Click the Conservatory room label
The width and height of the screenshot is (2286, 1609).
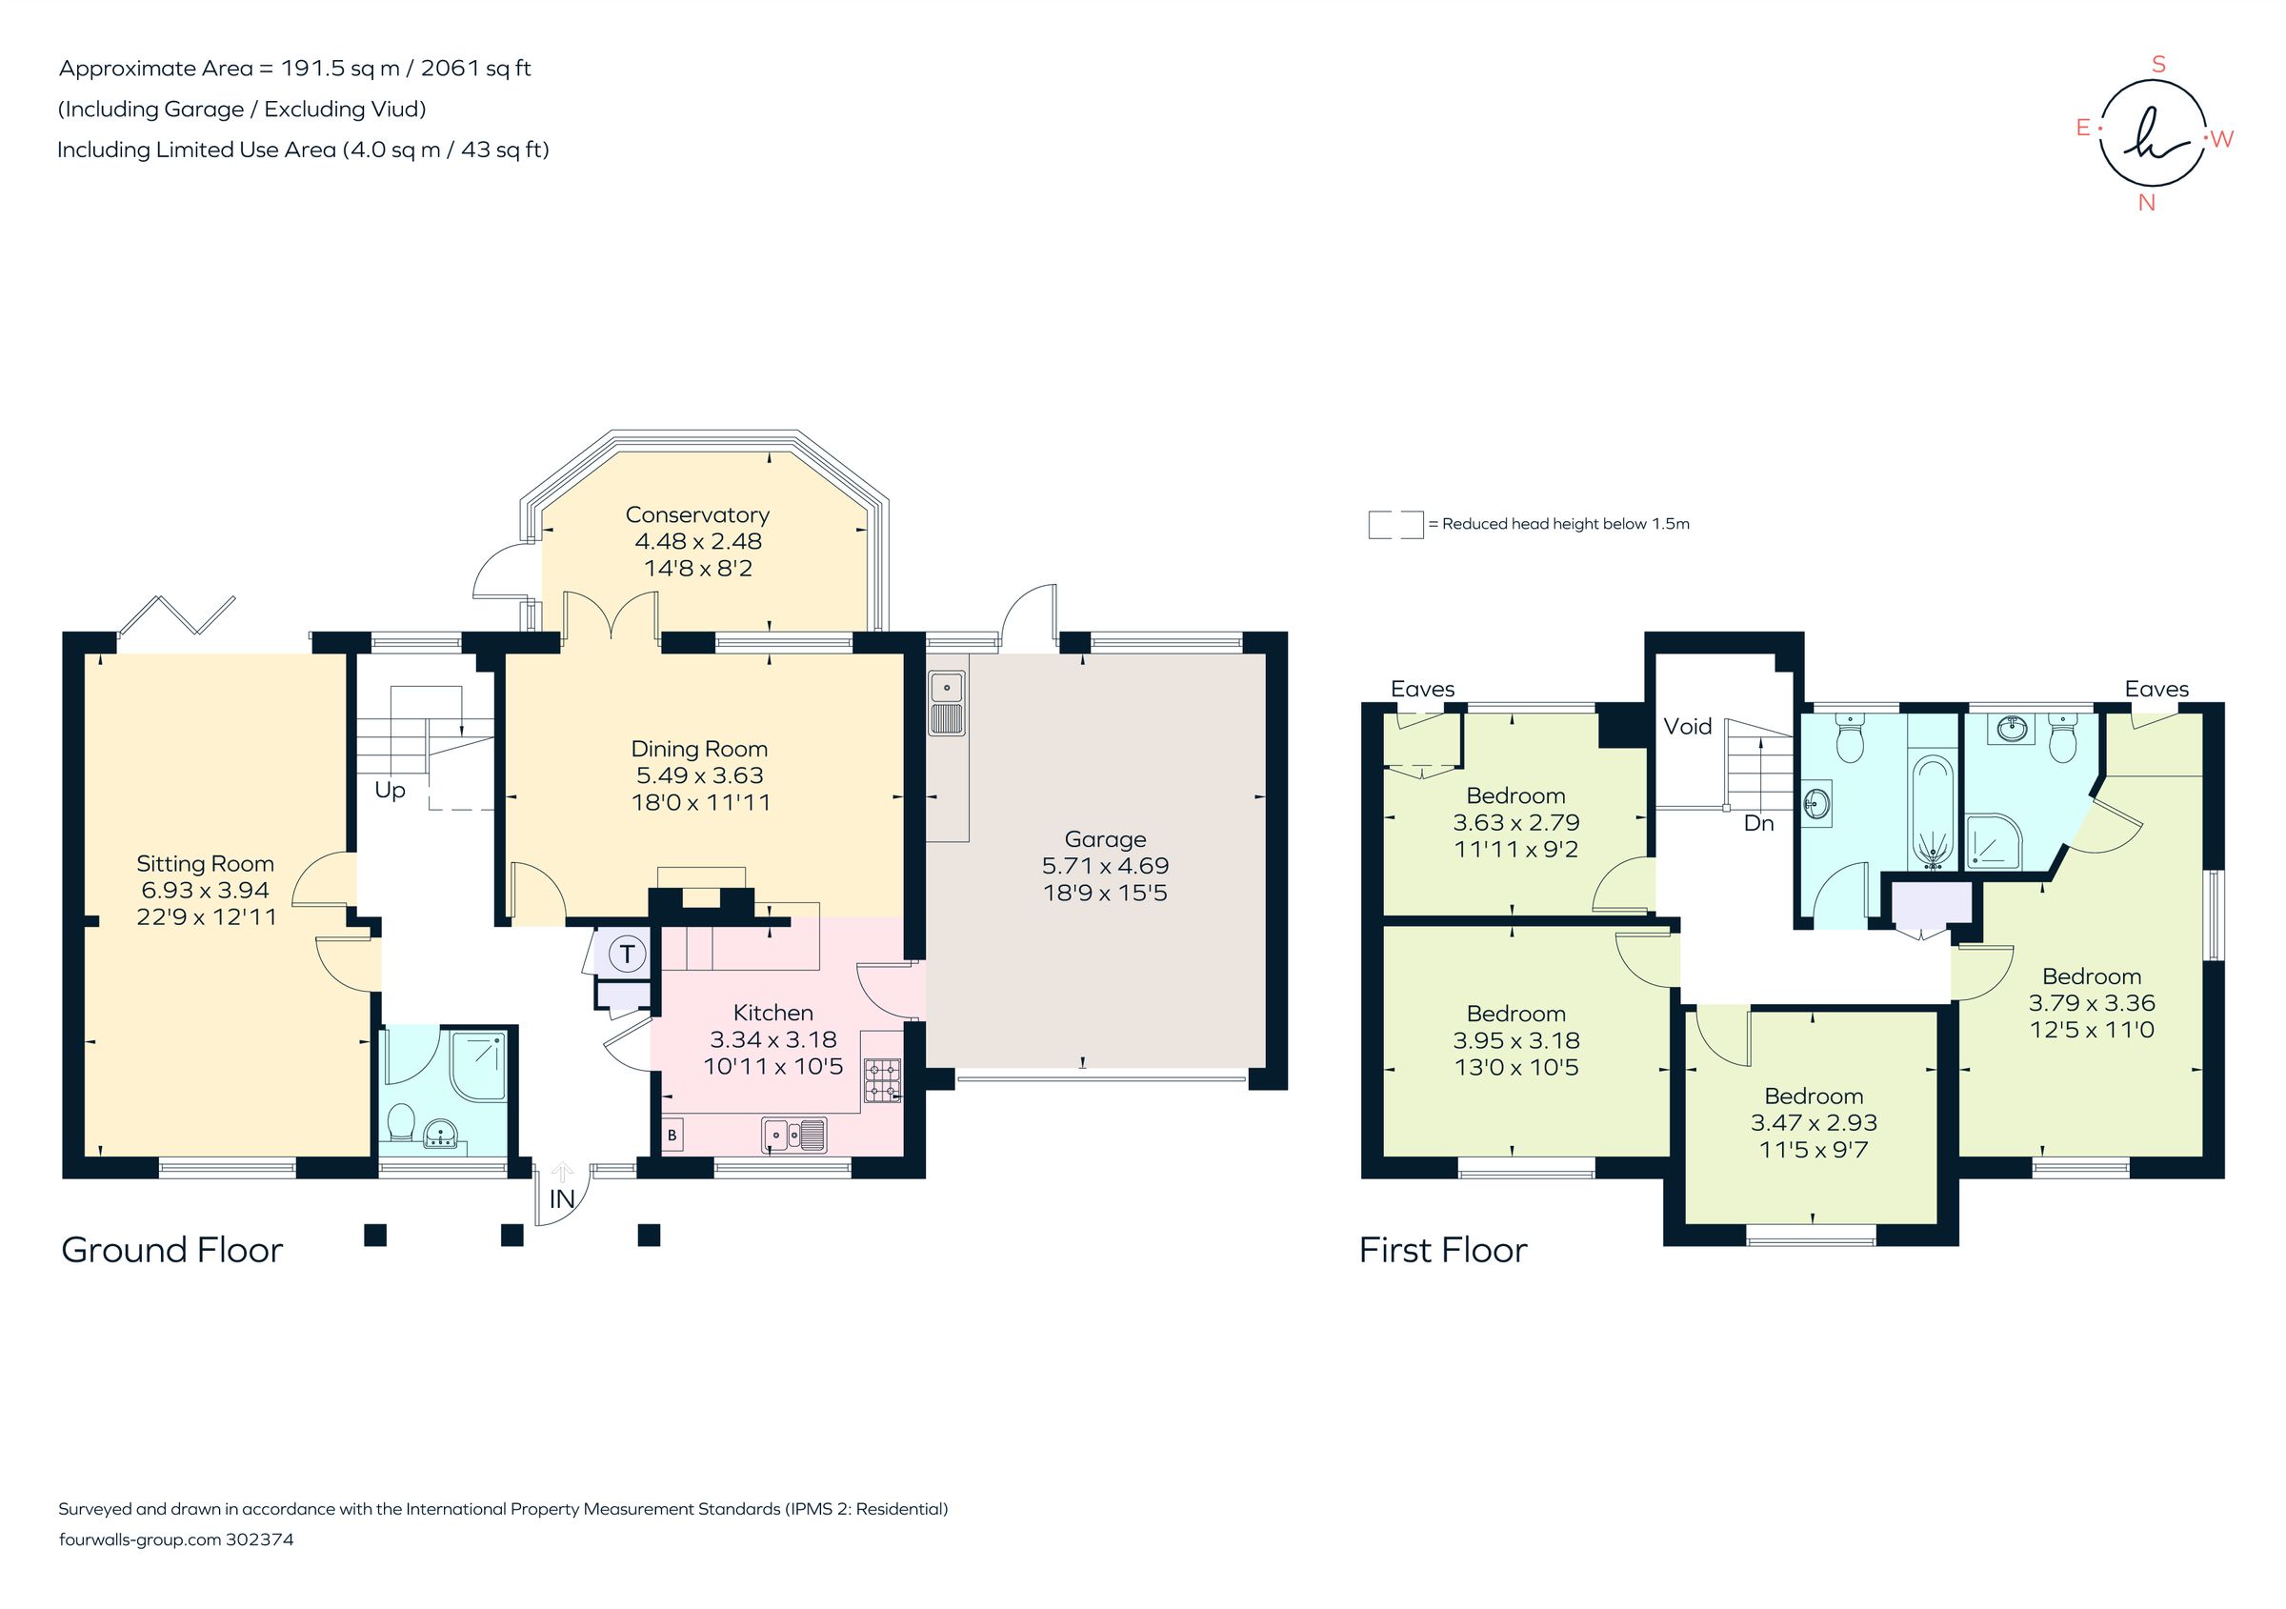point(697,514)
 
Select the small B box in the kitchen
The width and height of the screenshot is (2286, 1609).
point(672,1135)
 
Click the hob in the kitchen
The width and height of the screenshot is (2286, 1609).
point(882,1081)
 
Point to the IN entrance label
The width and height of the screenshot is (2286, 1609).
point(563,1198)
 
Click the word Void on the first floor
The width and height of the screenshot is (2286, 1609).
point(1688,727)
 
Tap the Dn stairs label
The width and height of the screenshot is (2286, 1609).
point(1758,823)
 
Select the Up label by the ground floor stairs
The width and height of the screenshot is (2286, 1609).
point(391,790)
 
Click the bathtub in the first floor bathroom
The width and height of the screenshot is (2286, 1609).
point(1934,813)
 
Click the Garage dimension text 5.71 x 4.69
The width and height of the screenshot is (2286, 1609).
point(1105,866)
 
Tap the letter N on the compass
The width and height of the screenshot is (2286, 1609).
point(2147,203)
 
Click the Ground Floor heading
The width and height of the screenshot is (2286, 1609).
point(172,1251)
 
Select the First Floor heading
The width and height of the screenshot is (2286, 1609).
point(1443,1251)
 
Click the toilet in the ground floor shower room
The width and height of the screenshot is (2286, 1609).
point(401,1122)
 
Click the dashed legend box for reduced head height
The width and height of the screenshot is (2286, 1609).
point(1394,525)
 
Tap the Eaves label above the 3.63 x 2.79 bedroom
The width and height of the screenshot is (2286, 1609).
point(1422,689)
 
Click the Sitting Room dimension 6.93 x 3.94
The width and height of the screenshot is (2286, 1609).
point(205,890)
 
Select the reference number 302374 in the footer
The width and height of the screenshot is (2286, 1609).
point(260,1539)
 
